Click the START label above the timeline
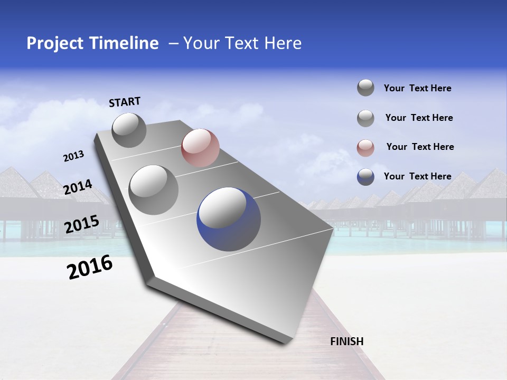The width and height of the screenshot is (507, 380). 125,101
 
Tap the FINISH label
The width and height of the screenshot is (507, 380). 347,341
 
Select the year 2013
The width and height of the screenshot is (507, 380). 73,156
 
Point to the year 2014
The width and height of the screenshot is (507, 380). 78,187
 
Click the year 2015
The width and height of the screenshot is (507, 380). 82,224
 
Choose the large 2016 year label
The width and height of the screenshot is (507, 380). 90,267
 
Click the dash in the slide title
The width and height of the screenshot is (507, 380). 173,43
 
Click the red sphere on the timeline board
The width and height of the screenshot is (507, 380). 200,147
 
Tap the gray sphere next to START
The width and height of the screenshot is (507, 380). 129,130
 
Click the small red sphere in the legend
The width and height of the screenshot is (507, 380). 365,148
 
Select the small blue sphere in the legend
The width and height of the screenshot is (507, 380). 365,177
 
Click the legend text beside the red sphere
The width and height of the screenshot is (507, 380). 420,147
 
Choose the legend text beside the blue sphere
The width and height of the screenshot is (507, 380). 417,176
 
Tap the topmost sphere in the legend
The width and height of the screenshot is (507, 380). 365,88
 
